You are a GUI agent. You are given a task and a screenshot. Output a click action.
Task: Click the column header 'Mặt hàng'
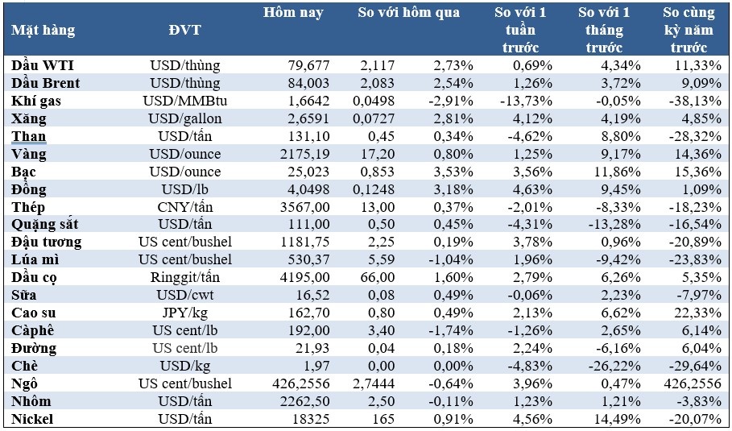pos(43,31)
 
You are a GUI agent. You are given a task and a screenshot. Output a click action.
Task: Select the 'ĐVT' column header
pos(185,31)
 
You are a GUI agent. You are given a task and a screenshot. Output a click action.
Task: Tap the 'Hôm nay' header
pos(293,13)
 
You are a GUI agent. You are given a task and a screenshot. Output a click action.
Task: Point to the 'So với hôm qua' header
pos(408,13)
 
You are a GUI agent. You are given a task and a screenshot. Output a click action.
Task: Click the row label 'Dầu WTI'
pos(43,65)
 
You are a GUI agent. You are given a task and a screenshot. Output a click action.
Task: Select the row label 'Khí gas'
pos(36,101)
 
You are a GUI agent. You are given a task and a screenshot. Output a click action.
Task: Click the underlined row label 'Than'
pos(28,136)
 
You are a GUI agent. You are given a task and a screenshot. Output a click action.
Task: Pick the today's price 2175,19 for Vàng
pos(304,154)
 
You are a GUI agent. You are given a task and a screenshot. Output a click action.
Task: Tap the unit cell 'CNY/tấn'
pos(185,207)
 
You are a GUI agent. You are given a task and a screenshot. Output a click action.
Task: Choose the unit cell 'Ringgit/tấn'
pos(185,277)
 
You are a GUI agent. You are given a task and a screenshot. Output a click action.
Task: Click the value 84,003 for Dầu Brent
pos(309,83)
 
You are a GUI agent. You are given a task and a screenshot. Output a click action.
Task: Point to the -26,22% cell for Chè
pos(613,366)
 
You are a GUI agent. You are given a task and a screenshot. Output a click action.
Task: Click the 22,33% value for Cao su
pos(697,313)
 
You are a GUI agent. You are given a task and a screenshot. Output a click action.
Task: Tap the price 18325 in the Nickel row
pos(309,420)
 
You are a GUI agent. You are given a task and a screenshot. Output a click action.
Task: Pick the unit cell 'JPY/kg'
pos(185,313)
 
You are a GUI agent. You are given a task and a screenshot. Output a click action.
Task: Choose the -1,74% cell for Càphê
pos(450,330)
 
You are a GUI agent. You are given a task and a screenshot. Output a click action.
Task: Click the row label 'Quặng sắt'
pos(45,225)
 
